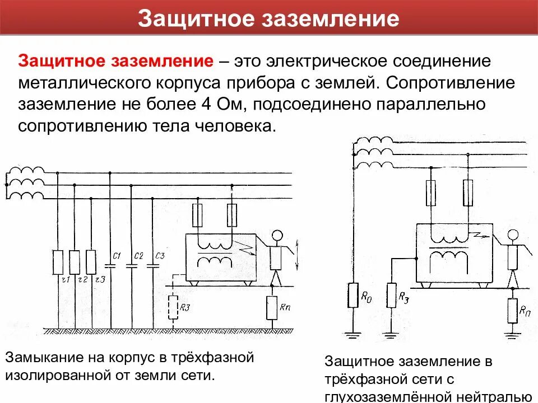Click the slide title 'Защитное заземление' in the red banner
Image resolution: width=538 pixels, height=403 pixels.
click(x=268, y=18)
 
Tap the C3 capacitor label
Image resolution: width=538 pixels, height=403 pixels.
click(x=160, y=256)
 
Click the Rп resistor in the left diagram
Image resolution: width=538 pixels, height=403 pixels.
click(x=272, y=307)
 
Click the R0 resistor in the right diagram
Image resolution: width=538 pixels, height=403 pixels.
click(x=353, y=295)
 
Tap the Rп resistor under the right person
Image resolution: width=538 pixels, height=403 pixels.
click(x=512, y=310)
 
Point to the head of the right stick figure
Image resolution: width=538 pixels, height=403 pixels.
click(x=511, y=236)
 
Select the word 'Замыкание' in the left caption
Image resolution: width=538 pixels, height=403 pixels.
click(x=41, y=357)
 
